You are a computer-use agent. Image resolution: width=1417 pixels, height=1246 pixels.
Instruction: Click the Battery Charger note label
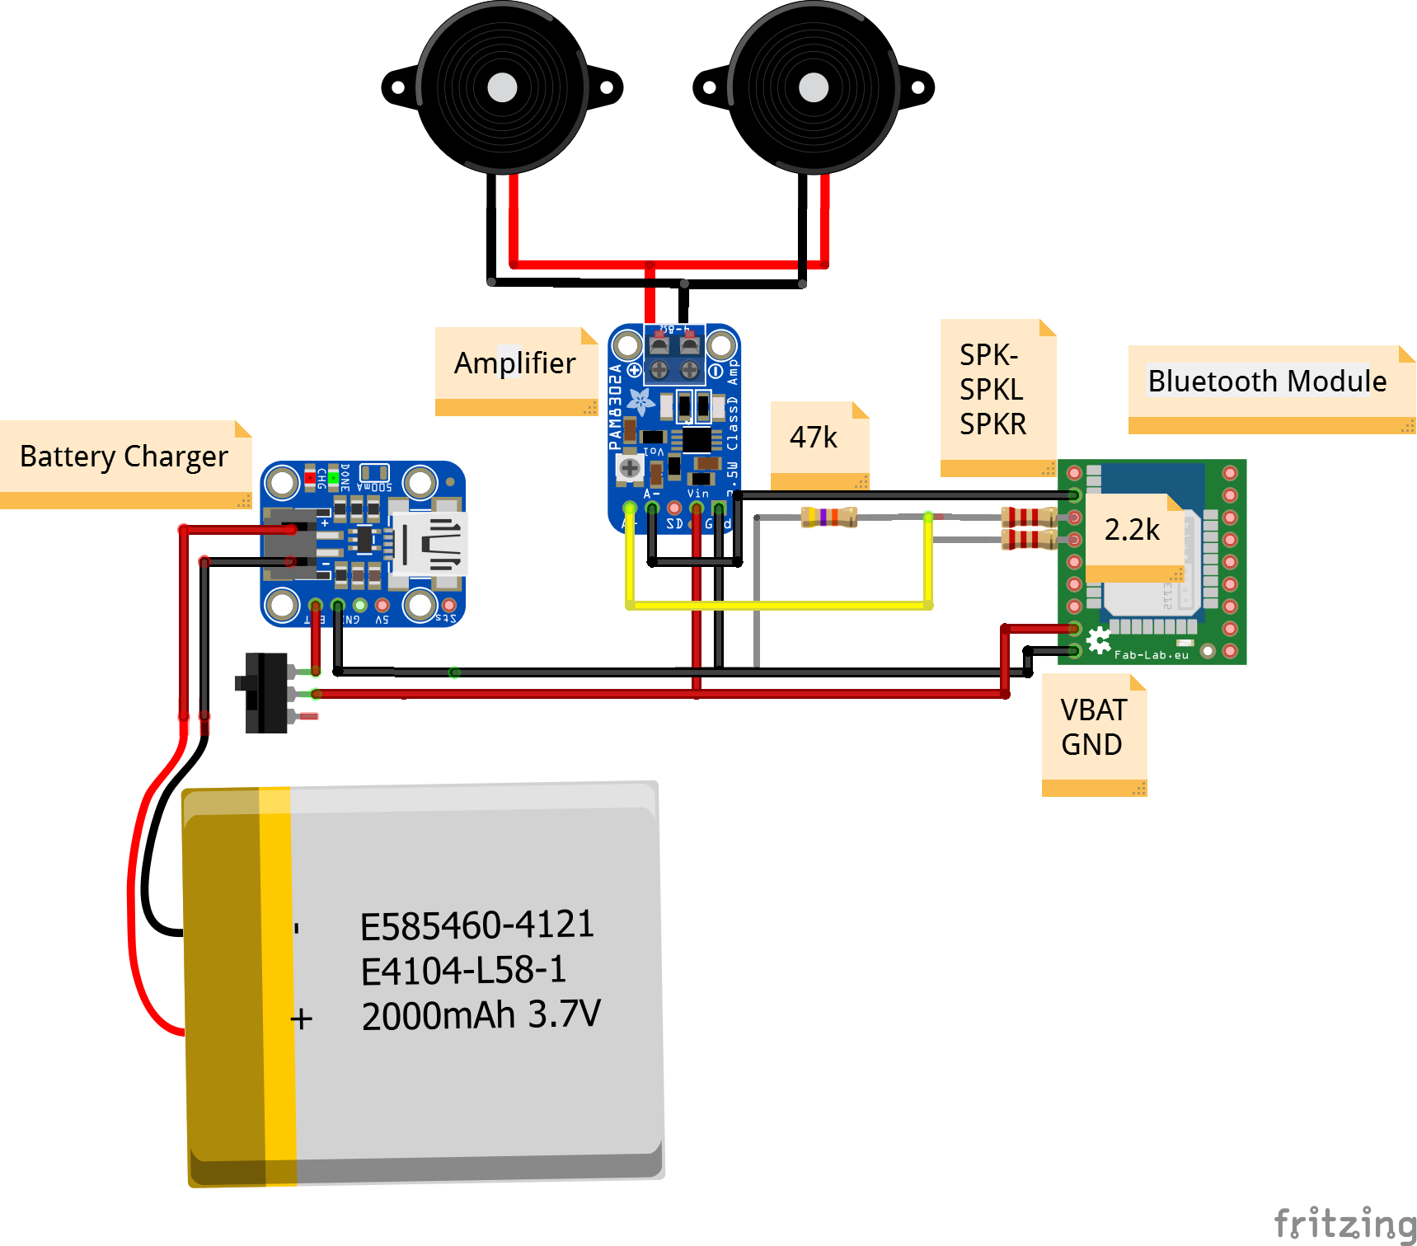click(124, 456)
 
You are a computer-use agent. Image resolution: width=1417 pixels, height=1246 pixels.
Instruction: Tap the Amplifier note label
click(514, 363)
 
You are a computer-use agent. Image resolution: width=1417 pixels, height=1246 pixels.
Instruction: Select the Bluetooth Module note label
click(1266, 381)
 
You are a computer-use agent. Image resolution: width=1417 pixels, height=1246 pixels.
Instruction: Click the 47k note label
click(813, 437)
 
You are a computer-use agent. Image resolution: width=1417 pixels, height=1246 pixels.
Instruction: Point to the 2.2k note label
click(1132, 530)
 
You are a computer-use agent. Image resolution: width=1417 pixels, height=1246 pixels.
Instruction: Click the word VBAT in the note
click(1093, 710)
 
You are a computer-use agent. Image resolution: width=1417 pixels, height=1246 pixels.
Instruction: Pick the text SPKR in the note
click(992, 424)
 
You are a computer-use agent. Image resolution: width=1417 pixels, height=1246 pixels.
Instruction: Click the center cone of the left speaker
click(502, 87)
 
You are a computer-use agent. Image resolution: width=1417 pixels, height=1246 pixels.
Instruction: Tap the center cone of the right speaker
click(814, 87)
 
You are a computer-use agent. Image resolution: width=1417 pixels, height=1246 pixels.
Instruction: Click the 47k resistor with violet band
click(828, 517)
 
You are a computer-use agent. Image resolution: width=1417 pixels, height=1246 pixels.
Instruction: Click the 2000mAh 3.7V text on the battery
click(481, 1014)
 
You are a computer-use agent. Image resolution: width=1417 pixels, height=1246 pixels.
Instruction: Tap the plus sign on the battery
click(302, 1019)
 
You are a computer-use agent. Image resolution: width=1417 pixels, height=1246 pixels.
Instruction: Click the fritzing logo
click(1344, 1223)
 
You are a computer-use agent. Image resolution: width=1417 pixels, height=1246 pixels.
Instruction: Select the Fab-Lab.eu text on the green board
click(1152, 655)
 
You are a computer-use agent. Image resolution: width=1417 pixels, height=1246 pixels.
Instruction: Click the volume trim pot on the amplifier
click(630, 468)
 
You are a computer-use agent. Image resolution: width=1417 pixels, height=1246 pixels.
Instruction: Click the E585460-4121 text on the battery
click(476, 925)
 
